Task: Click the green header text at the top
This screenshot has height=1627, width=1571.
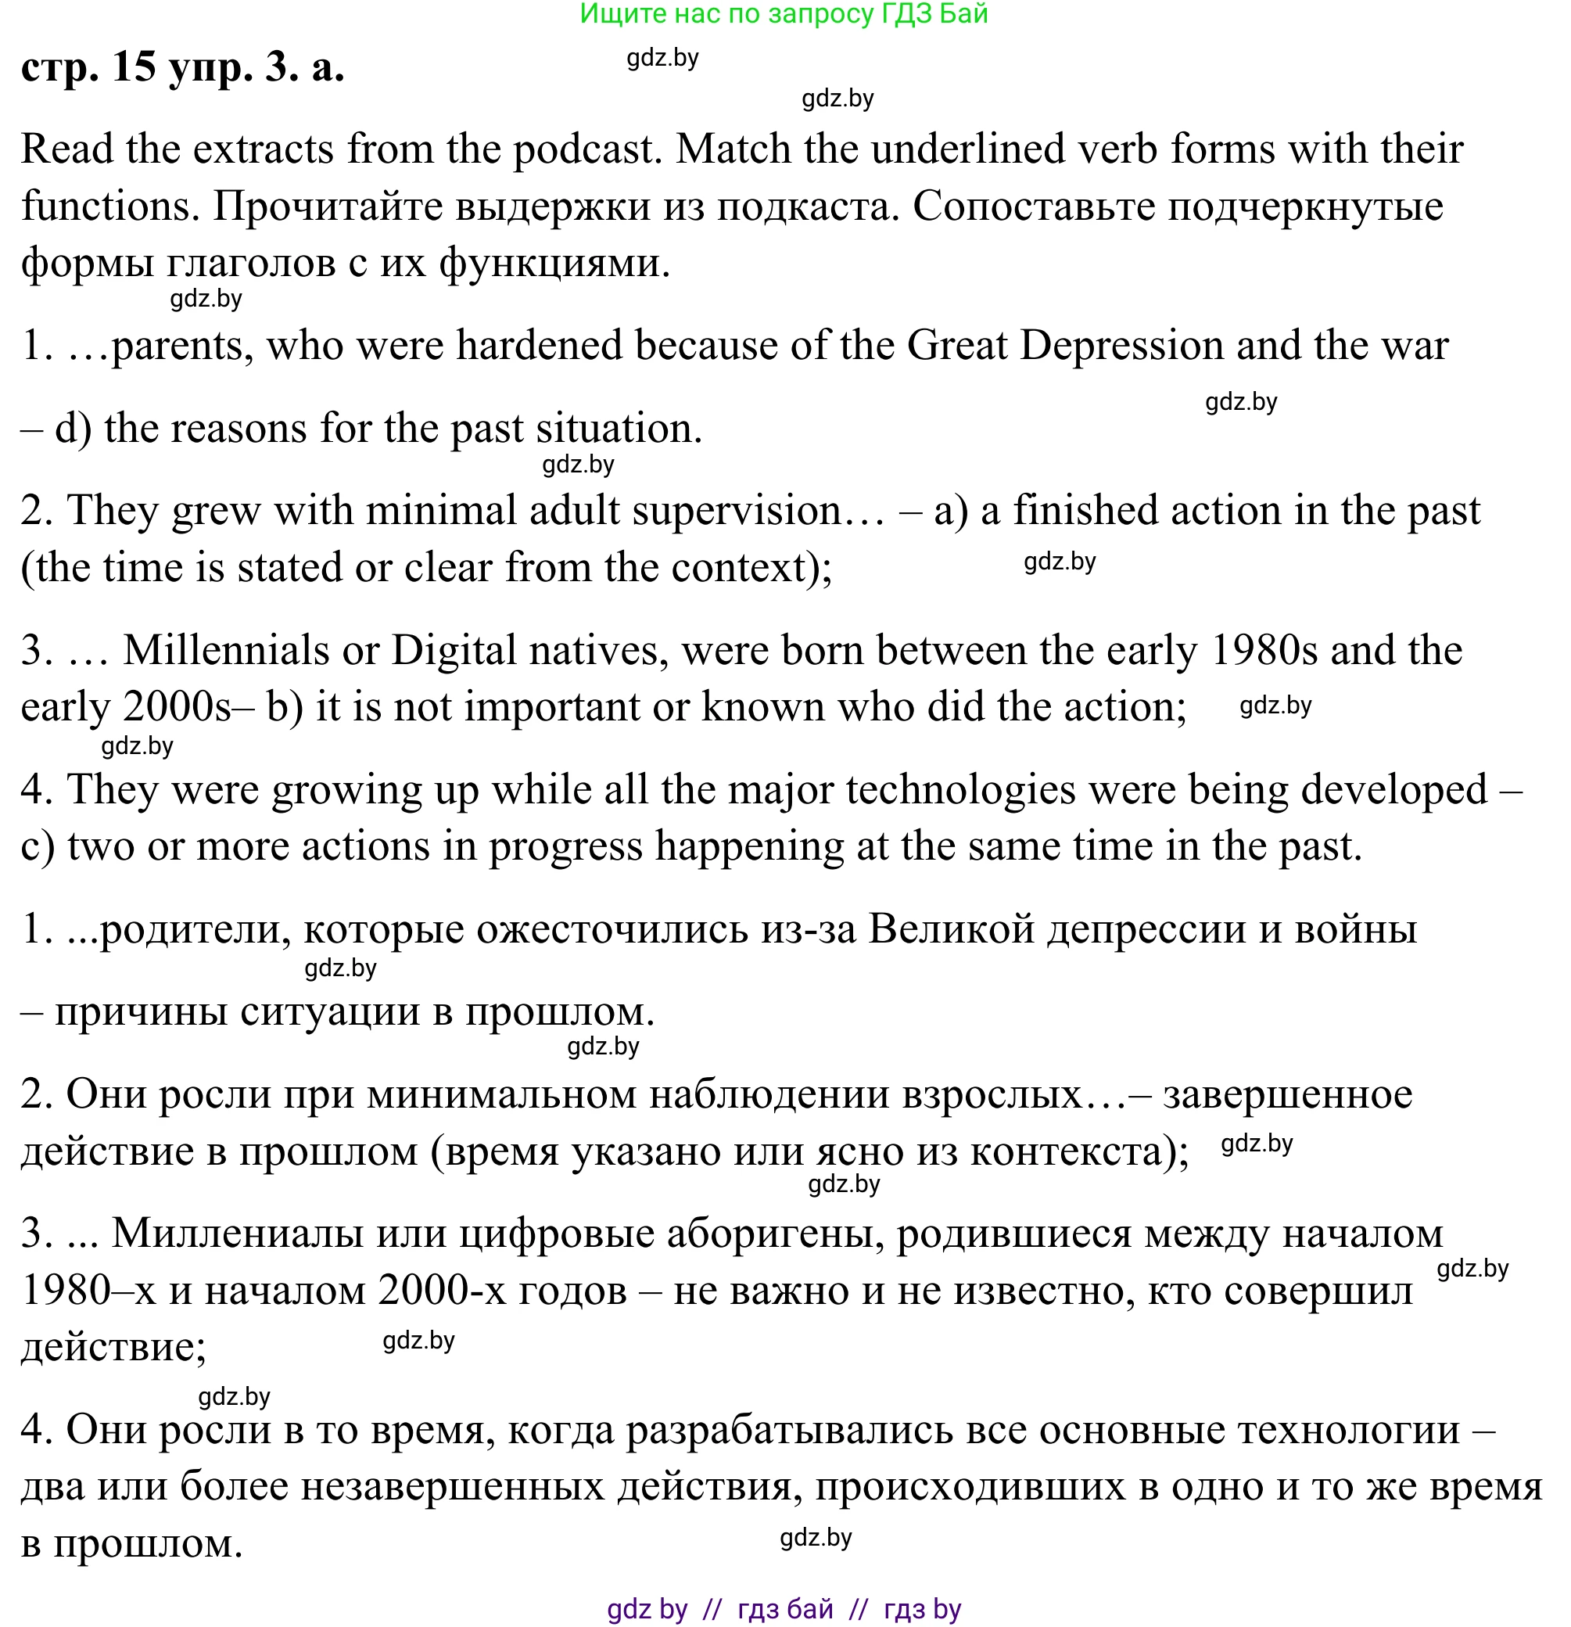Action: [x=784, y=14]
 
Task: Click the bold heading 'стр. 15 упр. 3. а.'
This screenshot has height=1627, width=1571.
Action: [x=182, y=67]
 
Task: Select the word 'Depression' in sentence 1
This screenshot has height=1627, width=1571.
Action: [x=1121, y=345]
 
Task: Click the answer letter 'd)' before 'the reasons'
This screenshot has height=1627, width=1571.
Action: [x=73, y=429]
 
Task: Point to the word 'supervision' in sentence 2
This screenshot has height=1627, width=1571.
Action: [x=737, y=511]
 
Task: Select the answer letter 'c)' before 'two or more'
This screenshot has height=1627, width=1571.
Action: [x=38, y=846]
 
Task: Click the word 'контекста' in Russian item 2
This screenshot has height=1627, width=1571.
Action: [x=1067, y=1152]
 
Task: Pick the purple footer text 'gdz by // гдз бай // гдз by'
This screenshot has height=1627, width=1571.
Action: [x=784, y=1609]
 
